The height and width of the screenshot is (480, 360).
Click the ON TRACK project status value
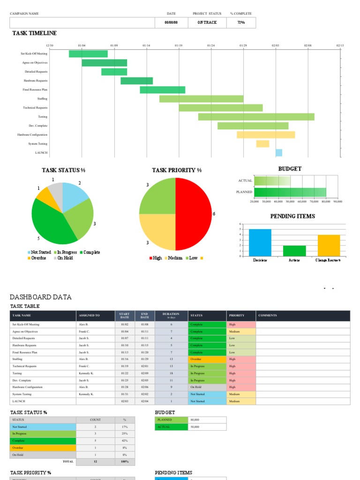[207, 22]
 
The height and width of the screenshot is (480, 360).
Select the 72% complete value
[240, 22]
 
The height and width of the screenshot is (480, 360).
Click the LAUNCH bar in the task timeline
[278, 152]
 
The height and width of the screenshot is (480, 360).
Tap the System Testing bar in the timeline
[262, 143]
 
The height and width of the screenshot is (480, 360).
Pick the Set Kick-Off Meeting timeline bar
[88, 53]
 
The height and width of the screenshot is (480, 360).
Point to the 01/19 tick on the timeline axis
[179, 45]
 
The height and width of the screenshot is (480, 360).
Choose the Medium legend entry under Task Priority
[173, 258]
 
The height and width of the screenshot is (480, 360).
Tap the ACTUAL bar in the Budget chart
[272, 180]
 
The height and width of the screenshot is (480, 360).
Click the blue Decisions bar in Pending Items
[260, 243]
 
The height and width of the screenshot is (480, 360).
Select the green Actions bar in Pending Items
[294, 251]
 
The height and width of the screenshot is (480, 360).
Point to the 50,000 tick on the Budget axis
[290, 201]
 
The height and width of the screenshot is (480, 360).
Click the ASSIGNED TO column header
[89, 315]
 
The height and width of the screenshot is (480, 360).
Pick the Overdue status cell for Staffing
[207, 359]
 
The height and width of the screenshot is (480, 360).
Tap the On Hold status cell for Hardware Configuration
[207, 387]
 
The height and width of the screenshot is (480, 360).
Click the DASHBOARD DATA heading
[41, 297]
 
